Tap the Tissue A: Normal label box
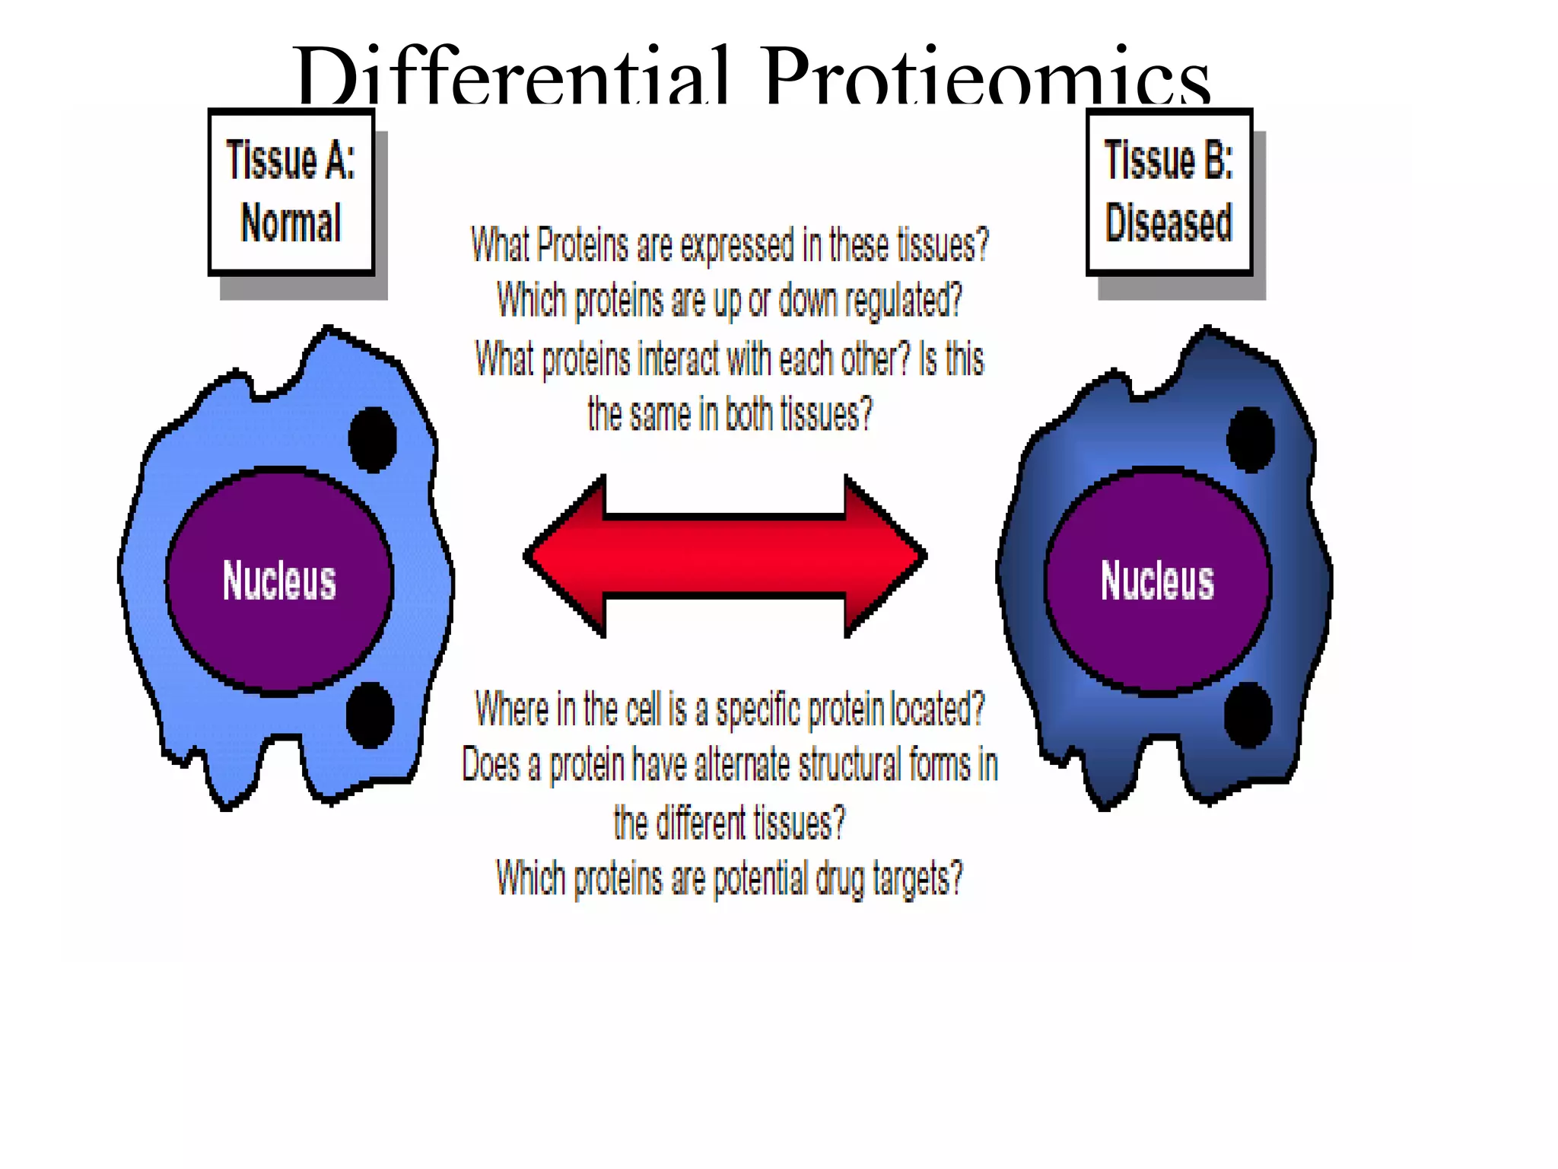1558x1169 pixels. [x=291, y=192]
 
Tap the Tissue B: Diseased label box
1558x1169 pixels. [x=1169, y=192]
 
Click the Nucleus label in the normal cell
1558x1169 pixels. [x=279, y=581]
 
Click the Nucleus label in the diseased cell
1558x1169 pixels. [x=1157, y=581]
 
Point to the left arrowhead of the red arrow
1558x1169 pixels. [x=567, y=556]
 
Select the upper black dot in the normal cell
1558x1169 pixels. [x=373, y=439]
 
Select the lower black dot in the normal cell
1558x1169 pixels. [x=370, y=715]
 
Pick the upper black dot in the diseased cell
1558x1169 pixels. [x=1251, y=439]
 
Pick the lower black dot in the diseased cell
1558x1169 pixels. [x=1248, y=715]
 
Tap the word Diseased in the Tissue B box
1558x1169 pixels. [x=1169, y=223]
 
